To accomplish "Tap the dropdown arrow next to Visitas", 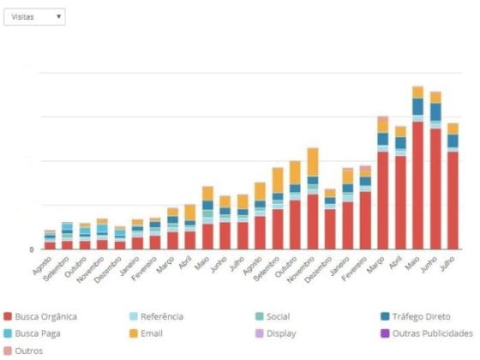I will coord(57,16).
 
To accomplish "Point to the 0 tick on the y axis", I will coord(32,249).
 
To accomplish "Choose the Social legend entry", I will coord(276,316).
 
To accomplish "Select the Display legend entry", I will coord(280,333).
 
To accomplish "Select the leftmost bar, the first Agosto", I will coord(50,240).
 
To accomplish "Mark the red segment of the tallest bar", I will coord(417,185).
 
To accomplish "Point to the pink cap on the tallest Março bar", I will coord(382,118).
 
